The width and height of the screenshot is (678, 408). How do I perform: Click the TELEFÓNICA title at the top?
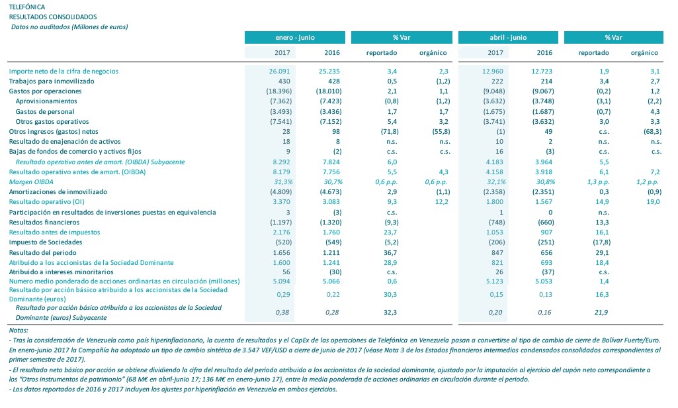coord(27,7)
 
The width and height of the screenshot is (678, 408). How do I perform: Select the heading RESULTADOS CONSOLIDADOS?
coord(52,17)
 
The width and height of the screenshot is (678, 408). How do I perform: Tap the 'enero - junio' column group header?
coord(295,38)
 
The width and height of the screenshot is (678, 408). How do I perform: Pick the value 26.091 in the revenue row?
coord(281,71)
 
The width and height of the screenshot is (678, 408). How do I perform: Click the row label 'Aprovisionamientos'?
coord(46,101)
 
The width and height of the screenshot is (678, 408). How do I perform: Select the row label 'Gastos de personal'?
coord(44,111)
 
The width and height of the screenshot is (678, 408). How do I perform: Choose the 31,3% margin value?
coord(282,182)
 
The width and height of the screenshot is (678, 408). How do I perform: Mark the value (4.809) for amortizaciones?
coord(280,192)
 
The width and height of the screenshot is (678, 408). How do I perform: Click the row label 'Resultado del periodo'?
coord(43,253)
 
